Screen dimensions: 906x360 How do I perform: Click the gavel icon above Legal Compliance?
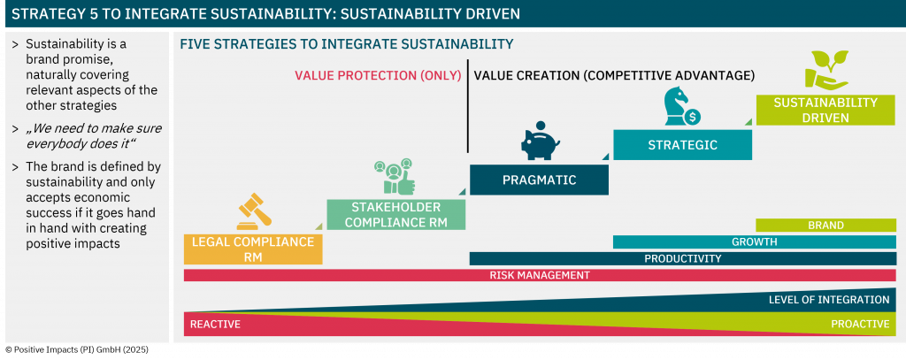pos(255,211)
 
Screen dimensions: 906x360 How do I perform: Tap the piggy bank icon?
pos(541,141)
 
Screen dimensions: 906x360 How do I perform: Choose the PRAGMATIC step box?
pos(539,180)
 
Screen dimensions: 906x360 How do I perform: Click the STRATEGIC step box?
pos(682,144)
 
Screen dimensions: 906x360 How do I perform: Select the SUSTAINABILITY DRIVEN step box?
pos(825,110)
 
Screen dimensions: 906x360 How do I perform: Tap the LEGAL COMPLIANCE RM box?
pos(253,249)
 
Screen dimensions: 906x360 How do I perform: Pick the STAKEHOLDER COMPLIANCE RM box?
pos(395,214)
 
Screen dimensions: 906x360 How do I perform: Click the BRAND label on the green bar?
pos(825,226)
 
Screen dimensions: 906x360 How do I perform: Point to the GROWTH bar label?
pos(755,241)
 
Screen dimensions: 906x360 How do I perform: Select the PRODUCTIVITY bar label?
pos(683,258)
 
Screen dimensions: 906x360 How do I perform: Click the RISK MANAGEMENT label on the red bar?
pos(540,275)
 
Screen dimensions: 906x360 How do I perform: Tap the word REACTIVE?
pos(215,324)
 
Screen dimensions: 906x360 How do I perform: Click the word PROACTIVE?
pos(860,324)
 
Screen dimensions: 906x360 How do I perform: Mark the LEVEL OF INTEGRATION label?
pos(828,299)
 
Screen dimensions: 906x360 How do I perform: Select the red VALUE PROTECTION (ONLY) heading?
pos(378,76)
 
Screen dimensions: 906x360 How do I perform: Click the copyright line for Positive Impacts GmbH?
pos(77,349)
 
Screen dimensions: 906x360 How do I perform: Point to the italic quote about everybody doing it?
pos(94,136)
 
